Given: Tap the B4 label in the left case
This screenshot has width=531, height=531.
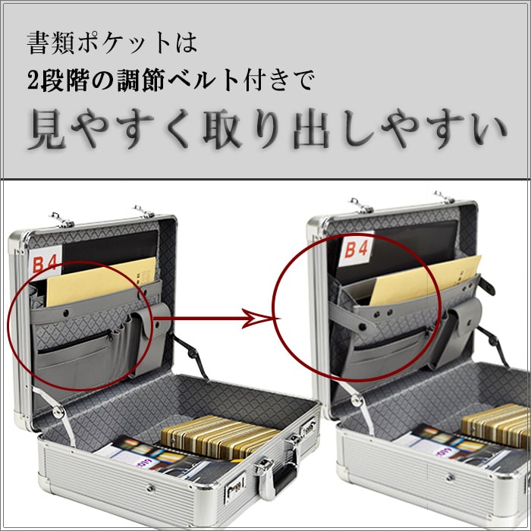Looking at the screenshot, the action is (46, 262).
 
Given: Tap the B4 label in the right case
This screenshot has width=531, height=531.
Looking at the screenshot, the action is (357, 250).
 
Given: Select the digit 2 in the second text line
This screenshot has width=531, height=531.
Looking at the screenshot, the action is (33, 81).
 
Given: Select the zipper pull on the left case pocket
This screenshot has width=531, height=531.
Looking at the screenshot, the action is (110, 335).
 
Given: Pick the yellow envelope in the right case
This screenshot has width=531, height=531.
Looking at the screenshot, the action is (425, 280).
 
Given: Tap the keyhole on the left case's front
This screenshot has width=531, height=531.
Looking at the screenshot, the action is (150, 488).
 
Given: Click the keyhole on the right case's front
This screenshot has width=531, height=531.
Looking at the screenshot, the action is (450, 478).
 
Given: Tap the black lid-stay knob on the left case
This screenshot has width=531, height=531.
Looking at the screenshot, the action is (193, 354).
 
